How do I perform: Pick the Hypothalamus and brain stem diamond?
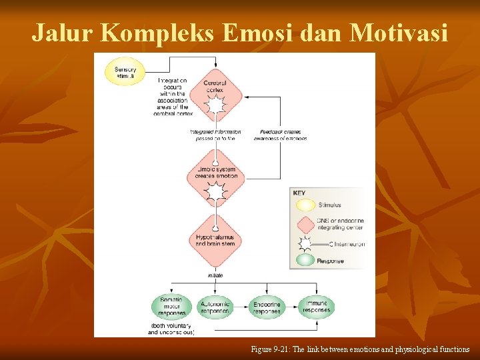click(215, 240)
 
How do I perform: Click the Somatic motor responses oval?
click(171, 307)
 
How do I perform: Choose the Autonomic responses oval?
click(215, 307)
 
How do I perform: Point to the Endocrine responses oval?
click(267, 307)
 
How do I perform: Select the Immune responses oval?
click(316, 307)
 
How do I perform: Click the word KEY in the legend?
click(299, 193)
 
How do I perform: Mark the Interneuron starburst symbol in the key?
click(305, 243)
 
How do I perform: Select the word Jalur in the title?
click(59, 32)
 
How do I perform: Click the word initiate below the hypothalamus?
click(215, 275)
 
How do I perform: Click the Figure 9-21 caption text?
click(360, 349)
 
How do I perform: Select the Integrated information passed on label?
click(215, 135)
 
